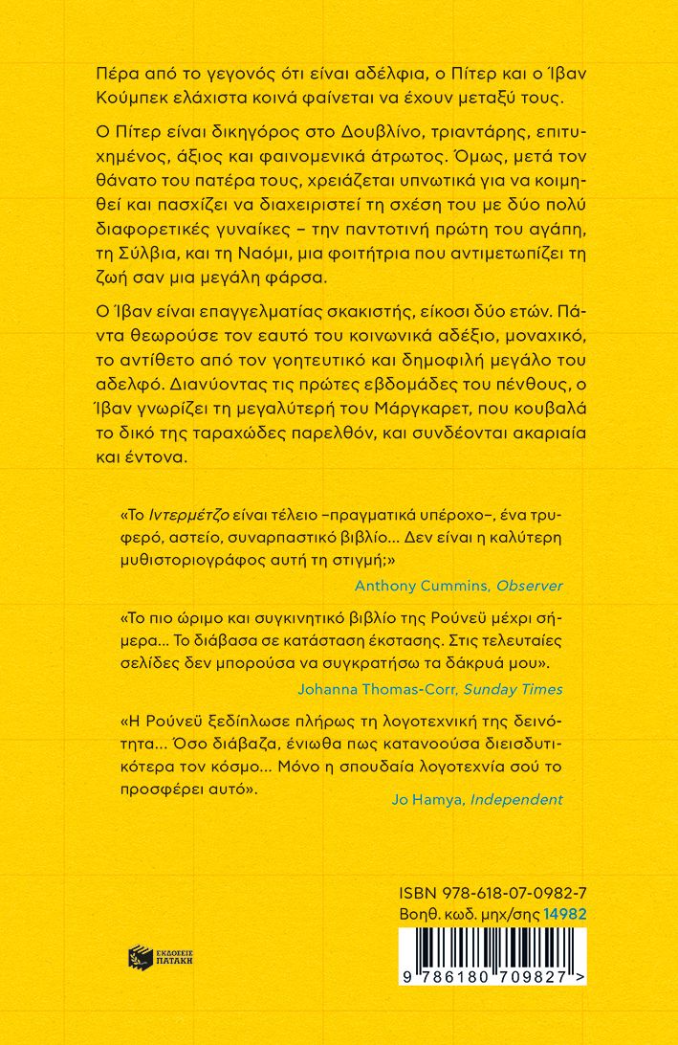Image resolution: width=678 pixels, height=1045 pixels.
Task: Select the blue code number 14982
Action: (565, 913)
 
